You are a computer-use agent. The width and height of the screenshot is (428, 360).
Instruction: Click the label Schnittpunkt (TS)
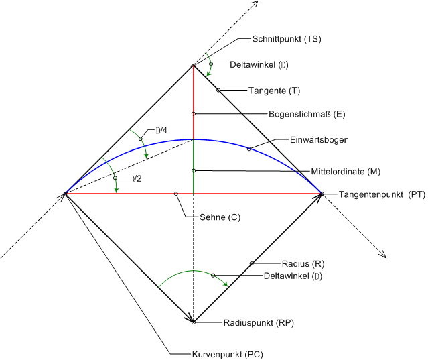(x=287, y=39)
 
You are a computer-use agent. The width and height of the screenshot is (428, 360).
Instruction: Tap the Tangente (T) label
(x=275, y=91)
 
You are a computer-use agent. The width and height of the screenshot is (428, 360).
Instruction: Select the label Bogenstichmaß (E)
(x=307, y=114)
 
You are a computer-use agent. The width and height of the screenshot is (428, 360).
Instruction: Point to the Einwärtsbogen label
(x=319, y=140)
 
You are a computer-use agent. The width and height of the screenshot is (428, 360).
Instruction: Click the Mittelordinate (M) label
(x=346, y=172)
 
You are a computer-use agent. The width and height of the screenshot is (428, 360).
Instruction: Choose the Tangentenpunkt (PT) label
(x=382, y=194)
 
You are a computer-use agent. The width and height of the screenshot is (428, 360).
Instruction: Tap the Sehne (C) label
(x=220, y=217)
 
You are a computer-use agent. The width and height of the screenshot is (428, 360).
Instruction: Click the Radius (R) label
(x=303, y=264)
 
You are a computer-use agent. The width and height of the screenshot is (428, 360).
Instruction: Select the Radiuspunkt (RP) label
(x=259, y=323)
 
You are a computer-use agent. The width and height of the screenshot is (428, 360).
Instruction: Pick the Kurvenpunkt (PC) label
(x=228, y=354)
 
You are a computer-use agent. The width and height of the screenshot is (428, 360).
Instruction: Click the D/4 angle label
(x=161, y=131)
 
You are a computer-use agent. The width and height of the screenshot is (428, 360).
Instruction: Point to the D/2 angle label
(x=136, y=179)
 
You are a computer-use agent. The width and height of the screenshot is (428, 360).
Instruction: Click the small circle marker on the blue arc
(x=248, y=149)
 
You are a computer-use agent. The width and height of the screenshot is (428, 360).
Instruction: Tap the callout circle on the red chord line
(x=176, y=194)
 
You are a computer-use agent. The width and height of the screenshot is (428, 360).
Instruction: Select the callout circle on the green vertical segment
(x=194, y=171)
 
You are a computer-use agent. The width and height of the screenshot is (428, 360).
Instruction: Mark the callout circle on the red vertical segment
(x=194, y=113)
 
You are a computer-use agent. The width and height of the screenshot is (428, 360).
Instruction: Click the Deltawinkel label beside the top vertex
(x=259, y=65)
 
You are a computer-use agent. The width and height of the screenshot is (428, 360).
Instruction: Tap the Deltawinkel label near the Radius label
(x=293, y=276)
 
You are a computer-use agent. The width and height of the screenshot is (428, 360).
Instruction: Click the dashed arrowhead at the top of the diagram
(x=255, y=4)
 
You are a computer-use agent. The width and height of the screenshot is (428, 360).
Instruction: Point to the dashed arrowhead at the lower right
(x=383, y=255)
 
